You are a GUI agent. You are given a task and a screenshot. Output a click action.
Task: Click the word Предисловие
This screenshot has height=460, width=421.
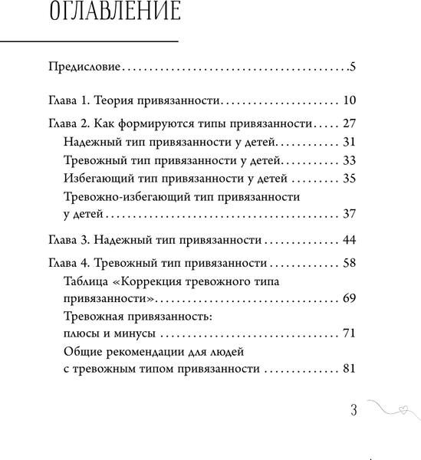[x=83, y=67]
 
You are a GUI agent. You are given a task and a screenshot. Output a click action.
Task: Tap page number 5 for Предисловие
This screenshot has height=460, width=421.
[x=352, y=67]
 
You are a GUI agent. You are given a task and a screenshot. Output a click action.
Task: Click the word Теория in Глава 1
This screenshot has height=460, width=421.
[x=123, y=100]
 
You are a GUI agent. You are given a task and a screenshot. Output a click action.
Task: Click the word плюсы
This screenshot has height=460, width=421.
[x=81, y=334]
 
